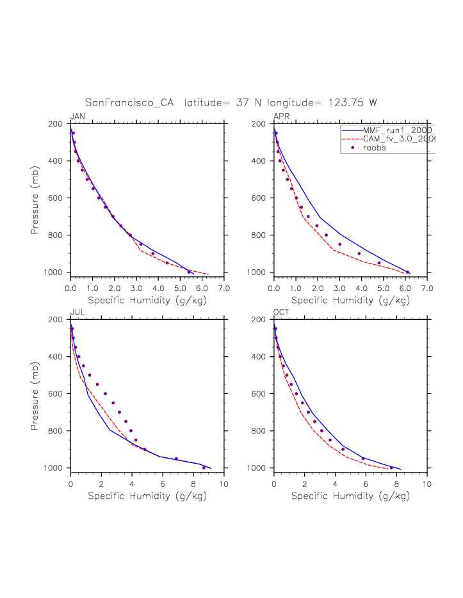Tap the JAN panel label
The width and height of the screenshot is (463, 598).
[77, 116]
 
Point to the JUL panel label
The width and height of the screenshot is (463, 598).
[77, 312]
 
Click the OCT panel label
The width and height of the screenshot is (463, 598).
[281, 312]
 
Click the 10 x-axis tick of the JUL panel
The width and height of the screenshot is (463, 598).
[224, 484]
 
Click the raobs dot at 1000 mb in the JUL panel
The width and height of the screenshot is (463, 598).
[204, 468]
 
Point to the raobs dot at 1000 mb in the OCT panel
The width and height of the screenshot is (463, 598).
[391, 468]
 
